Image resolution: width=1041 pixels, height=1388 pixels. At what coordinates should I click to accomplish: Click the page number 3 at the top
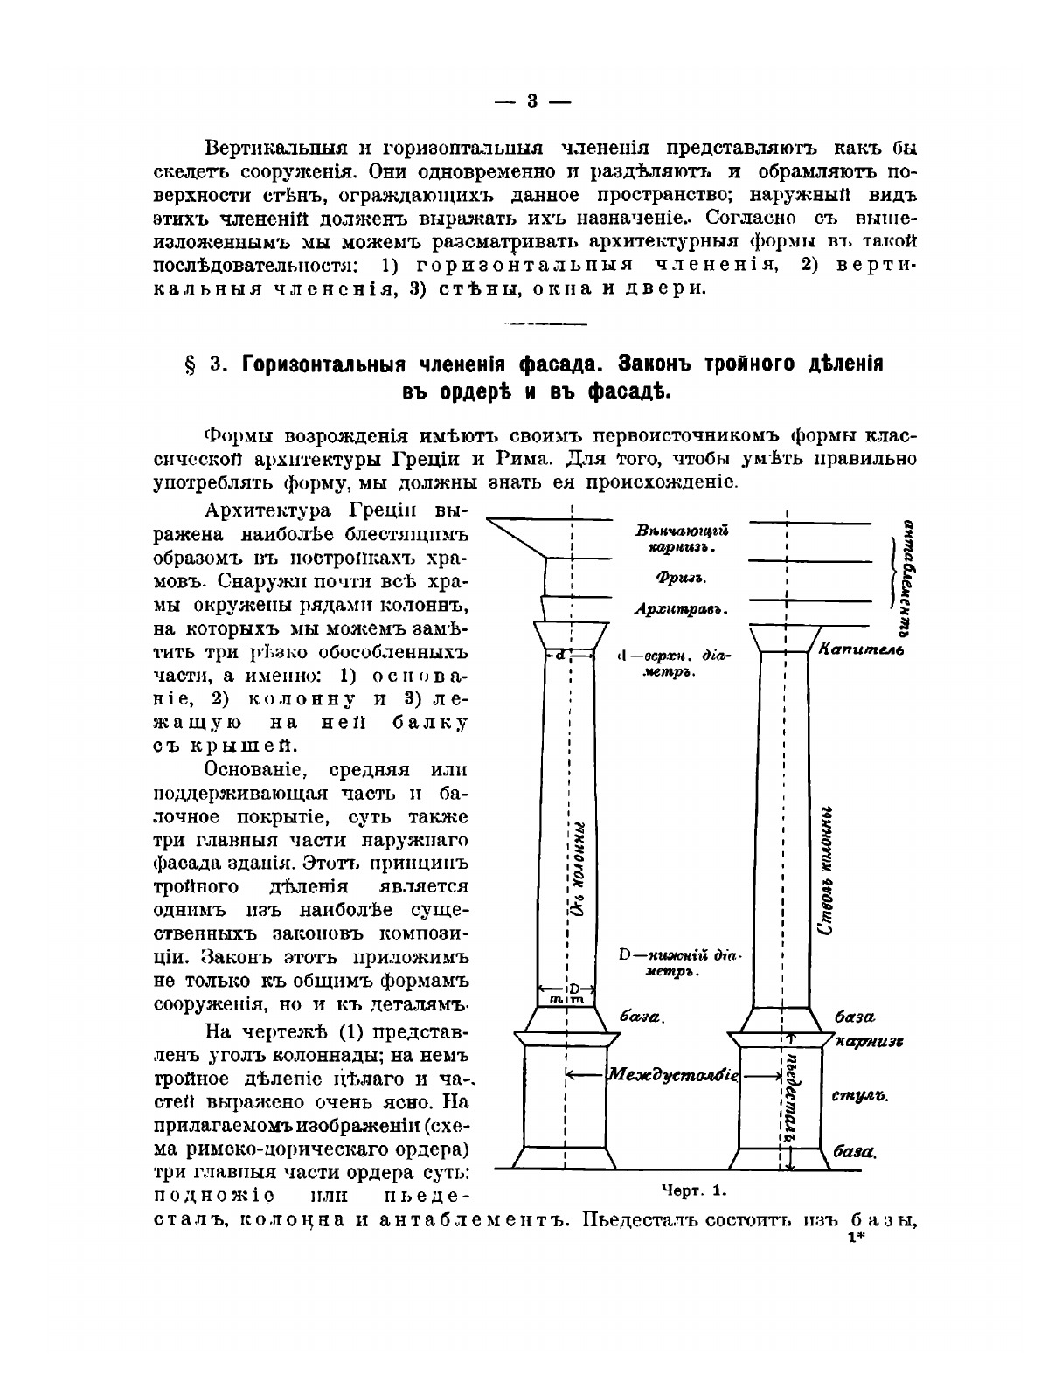tap(532, 101)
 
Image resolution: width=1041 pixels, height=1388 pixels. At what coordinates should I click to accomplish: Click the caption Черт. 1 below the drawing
tap(694, 1190)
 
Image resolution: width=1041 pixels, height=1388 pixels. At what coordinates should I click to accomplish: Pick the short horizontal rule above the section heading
tap(533, 325)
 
